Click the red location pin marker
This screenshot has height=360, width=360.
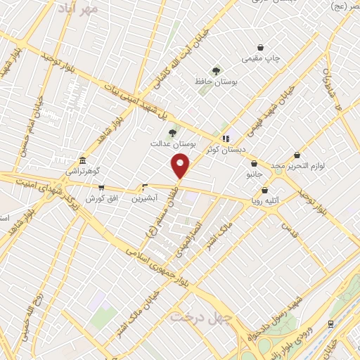click(181, 166)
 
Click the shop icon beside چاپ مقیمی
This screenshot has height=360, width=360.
click(262, 47)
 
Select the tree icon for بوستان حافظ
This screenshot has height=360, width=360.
click(216, 70)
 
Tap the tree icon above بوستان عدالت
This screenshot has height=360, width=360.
click(172, 132)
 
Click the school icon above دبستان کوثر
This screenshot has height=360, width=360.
click(226, 139)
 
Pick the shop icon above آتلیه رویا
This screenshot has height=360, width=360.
click(264, 190)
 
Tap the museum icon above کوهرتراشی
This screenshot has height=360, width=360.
click(83, 160)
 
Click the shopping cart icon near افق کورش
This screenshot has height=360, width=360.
click(101, 188)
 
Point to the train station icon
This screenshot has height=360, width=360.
click(330, 323)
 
